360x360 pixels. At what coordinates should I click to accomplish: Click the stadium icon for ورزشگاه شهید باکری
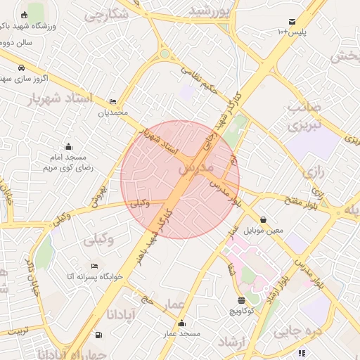(x=25, y=15)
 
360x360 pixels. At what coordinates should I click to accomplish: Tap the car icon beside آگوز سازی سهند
(x=22, y=68)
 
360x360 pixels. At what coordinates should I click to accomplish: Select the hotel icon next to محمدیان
(x=114, y=102)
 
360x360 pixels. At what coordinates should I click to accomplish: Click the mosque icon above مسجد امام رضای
(x=68, y=147)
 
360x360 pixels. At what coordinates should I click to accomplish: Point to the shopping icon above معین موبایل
(x=263, y=219)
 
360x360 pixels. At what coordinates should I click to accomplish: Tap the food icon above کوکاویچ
(x=242, y=299)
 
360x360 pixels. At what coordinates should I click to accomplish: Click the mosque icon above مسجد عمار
(x=182, y=323)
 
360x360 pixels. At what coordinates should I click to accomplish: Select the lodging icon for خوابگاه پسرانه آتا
(x=94, y=266)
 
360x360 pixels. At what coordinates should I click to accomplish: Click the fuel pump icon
(x=98, y=335)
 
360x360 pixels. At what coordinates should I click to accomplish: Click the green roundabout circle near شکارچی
(x=165, y=53)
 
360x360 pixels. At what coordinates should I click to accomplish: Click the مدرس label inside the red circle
(x=195, y=169)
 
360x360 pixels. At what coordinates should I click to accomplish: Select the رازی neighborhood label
(x=313, y=172)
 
